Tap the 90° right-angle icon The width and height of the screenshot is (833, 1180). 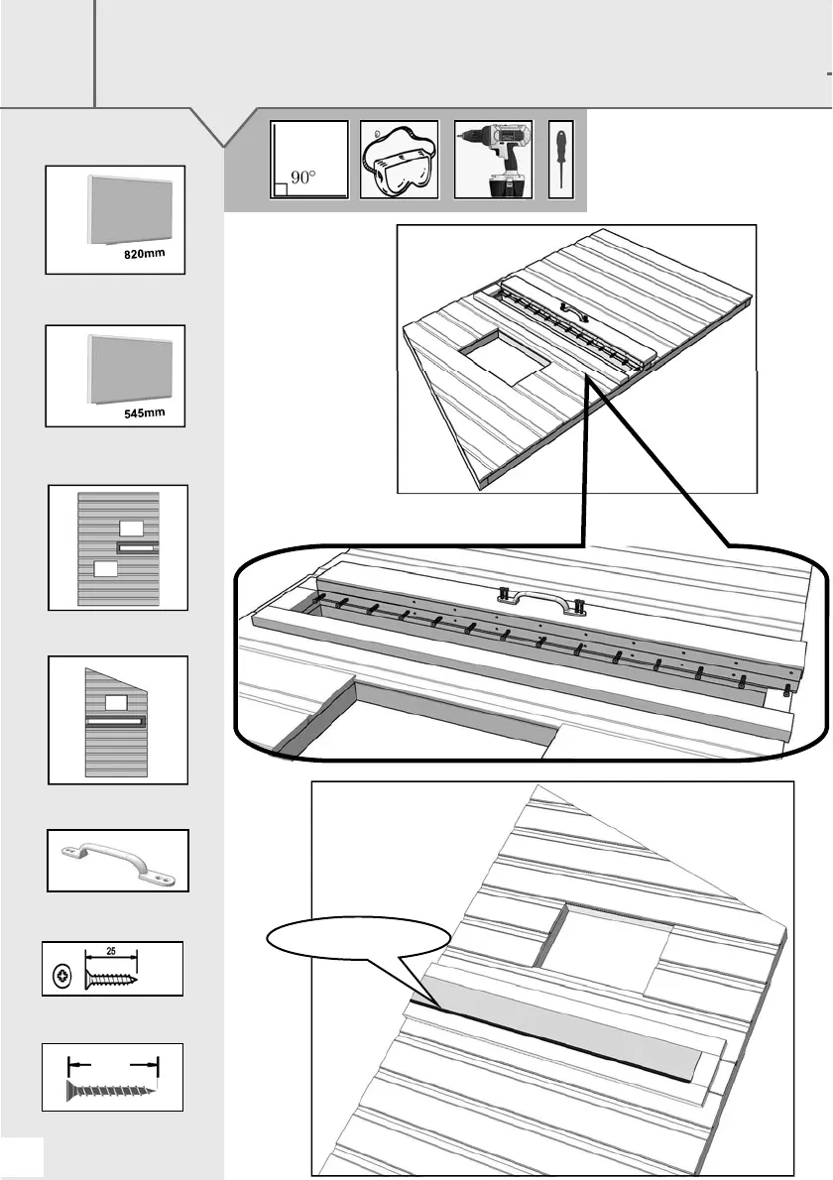tap(309, 161)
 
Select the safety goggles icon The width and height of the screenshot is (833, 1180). tap(398, 161)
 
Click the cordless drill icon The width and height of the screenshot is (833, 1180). tap(493, 161)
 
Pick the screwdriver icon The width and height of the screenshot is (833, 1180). tap(560, 161)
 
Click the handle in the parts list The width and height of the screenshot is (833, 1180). tap(117, 860)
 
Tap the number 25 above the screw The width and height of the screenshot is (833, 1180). tap(111, 951)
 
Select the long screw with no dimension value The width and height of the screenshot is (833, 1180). tap(113, 1089)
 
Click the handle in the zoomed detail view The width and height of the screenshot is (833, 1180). tap(536, 599)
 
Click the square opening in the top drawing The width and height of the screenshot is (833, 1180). tap(502, 357)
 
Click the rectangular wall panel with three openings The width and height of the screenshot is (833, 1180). tap(117, 546)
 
